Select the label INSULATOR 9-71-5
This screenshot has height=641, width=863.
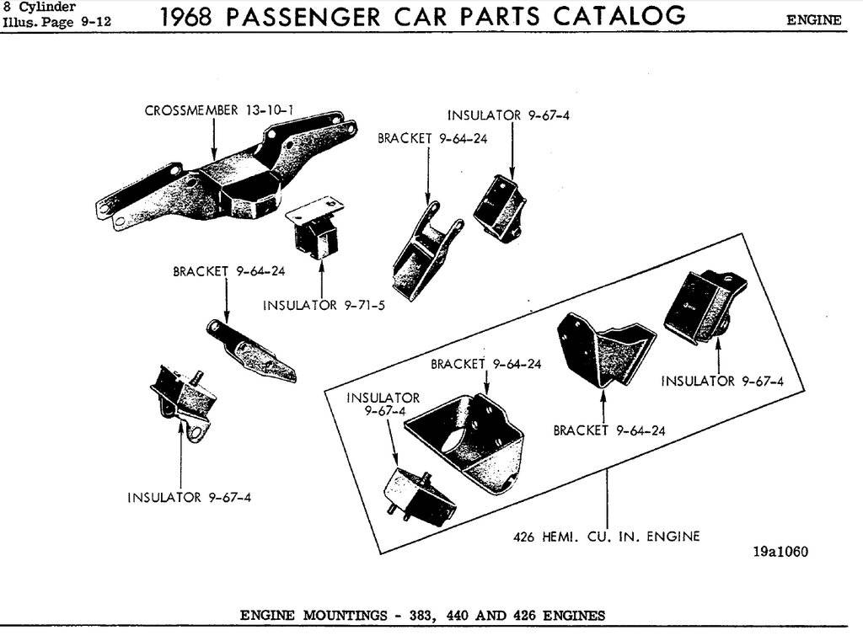324,305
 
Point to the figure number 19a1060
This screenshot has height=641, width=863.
780,553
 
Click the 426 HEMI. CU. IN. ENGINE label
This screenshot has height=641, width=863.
607,536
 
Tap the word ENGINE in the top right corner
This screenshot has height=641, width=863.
813,20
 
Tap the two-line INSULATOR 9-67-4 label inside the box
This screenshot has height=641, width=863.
383,404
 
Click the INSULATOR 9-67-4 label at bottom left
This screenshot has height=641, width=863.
189,497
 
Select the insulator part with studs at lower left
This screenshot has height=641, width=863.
180,401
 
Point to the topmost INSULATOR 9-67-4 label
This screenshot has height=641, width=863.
508,115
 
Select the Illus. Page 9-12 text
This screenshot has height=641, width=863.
56,21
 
